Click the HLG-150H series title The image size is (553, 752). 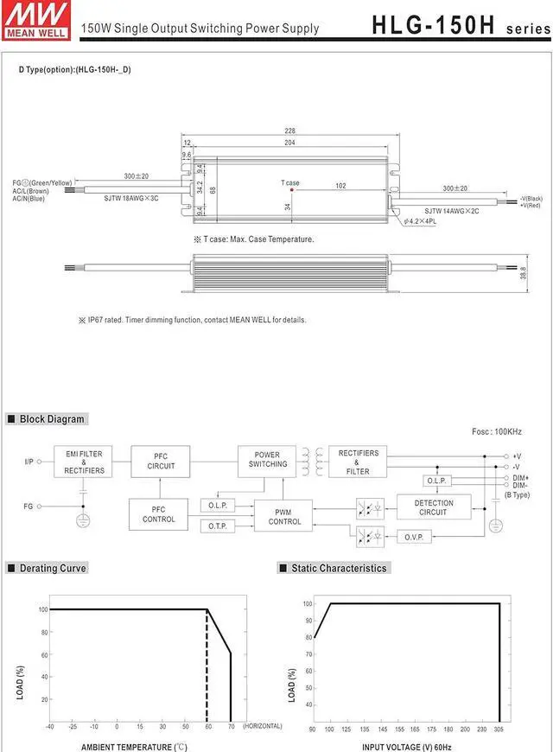459,25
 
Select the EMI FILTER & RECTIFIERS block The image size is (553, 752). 84,462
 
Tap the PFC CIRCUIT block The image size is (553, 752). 161,462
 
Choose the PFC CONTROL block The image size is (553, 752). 158,514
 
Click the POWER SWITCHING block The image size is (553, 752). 267,460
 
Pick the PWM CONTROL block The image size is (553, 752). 284,517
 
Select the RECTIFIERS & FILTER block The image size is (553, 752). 359,462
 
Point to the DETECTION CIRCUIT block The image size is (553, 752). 434,507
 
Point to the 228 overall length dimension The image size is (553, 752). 289,131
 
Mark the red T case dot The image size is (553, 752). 292,190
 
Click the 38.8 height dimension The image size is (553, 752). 524,272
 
